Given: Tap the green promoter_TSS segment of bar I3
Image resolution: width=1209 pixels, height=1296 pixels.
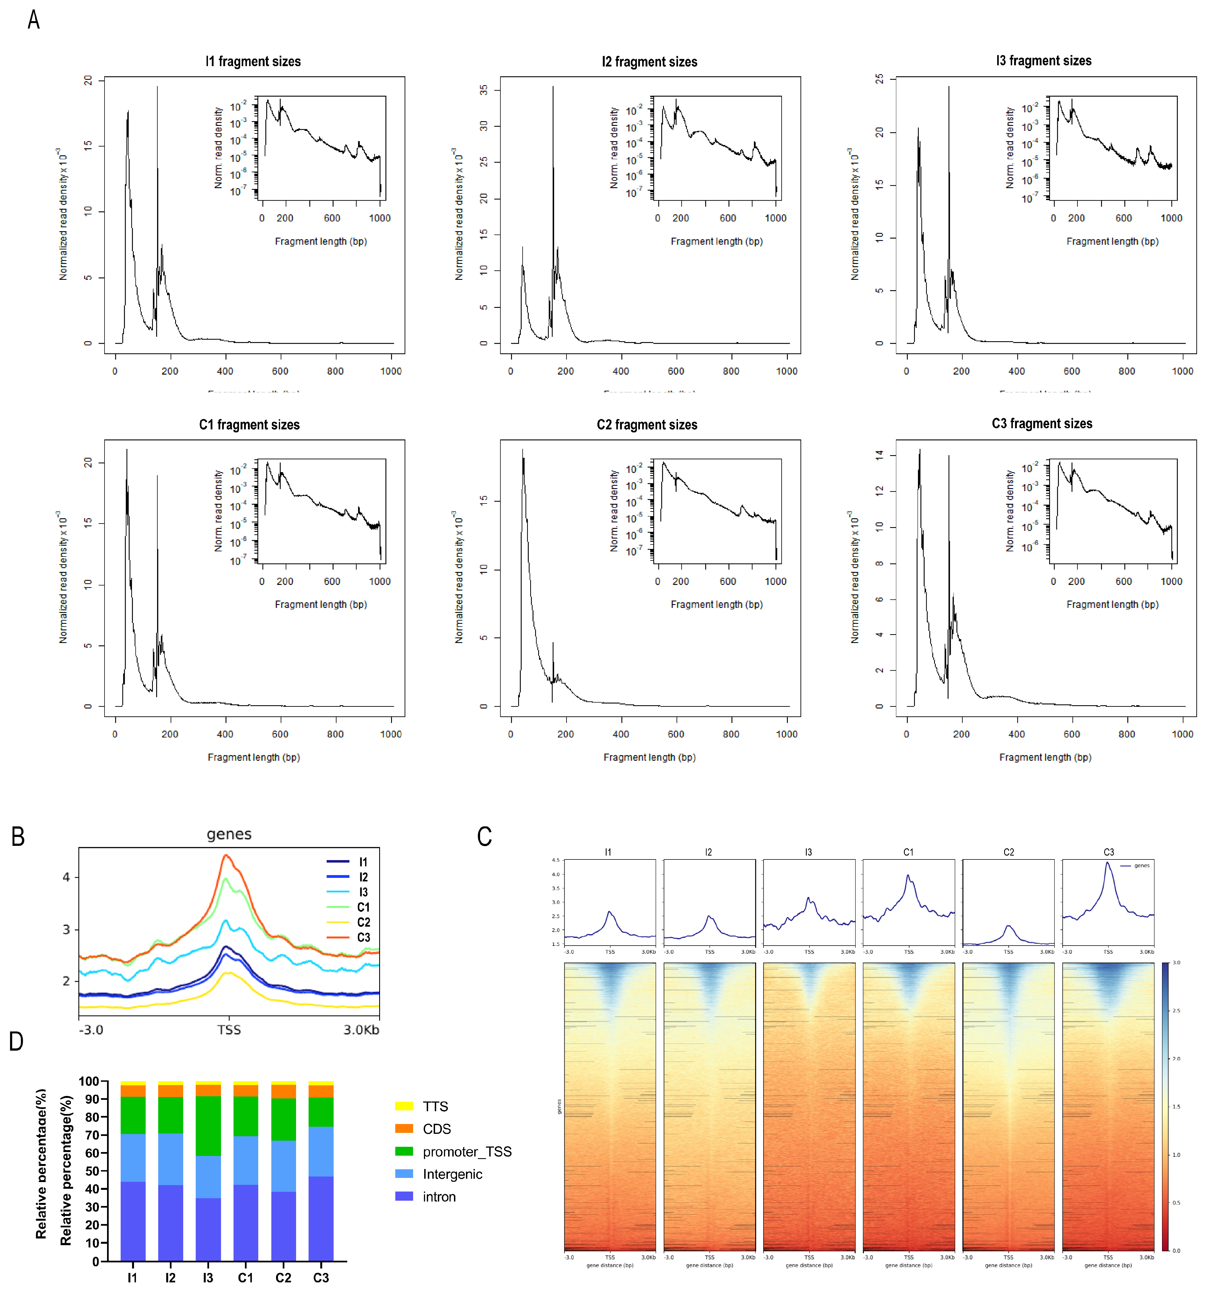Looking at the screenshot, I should pos(208,1126).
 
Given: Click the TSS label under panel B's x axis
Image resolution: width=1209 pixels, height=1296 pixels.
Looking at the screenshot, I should pos(229,1030).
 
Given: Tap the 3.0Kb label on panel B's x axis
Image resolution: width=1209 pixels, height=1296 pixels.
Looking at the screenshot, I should pos(361,1030).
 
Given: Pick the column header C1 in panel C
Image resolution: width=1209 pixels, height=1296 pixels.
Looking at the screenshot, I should pos(908,852).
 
